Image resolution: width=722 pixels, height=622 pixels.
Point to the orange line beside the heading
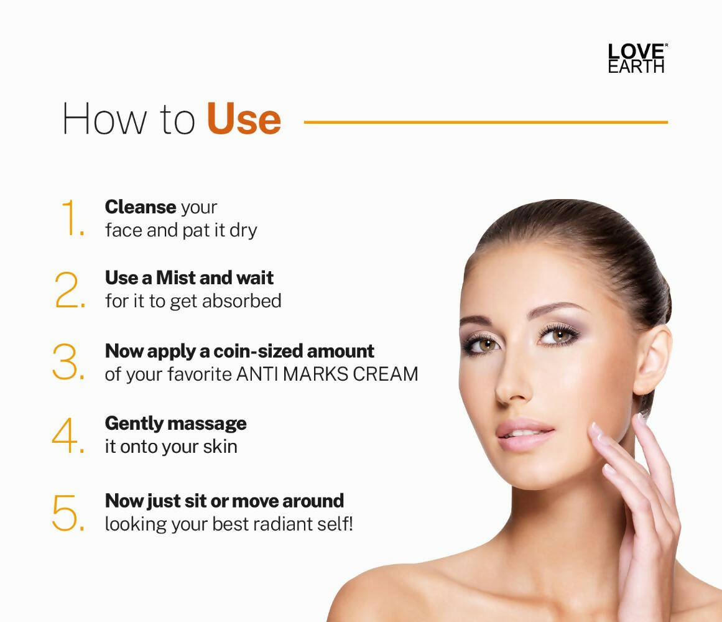(x=485, y=123)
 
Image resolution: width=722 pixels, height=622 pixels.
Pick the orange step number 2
(x=70, y=290)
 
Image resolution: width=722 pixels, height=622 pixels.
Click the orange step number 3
(x=68, y=362)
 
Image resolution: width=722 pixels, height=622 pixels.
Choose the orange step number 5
(x=68, y=513)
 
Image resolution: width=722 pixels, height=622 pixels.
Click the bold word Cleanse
(x=141, y=207)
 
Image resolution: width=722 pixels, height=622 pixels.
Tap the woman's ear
(x=651, y=361)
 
